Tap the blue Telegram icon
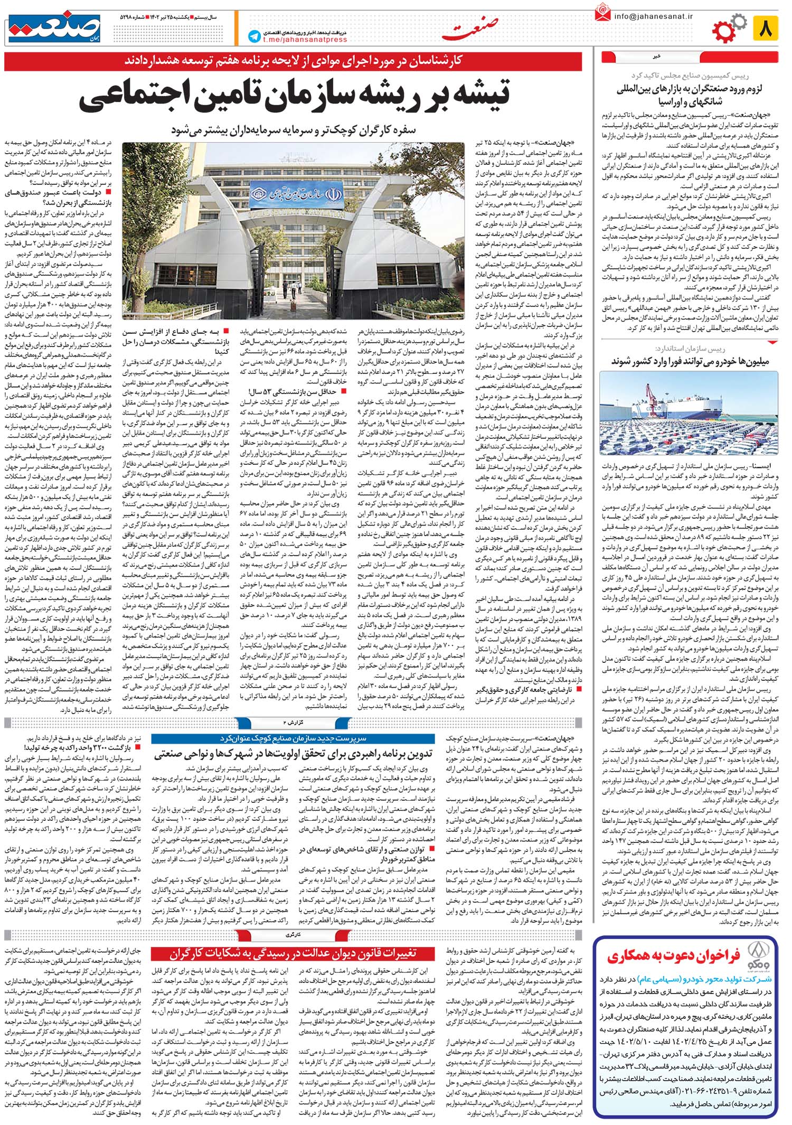(255, 35)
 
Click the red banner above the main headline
(293, 62)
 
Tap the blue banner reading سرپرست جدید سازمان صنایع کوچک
(293, 738)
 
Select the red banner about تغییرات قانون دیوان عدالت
(293, 953)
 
